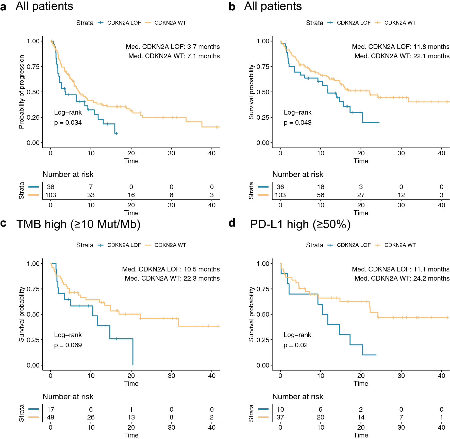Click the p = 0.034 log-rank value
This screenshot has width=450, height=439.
[x=68, y=123]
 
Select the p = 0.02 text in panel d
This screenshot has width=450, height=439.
[x=295, y=345]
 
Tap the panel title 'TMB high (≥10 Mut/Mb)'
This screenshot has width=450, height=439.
[x=78, y=225]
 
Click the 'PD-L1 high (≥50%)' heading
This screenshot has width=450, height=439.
[x=300, y=225]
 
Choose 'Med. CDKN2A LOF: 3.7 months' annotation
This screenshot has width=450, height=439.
[x=173, y=47]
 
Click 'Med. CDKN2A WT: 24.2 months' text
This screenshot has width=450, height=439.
[x=402, y=279]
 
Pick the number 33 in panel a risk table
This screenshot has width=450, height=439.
[x=91, y=195]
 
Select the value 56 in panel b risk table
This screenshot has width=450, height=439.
[x=321, y=195]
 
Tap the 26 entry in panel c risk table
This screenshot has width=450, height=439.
[x=91, y=417]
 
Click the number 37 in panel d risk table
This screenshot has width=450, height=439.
[x=280, y=417]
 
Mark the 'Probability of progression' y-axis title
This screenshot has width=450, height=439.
[x=22, y=92]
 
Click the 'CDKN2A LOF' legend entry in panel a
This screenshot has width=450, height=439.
[x=124, y=23]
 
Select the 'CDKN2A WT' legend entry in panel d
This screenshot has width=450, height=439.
[x=400, y=245]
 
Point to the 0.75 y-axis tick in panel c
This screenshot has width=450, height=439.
[x=33, y=289]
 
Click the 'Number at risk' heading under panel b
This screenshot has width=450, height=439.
[x=298, y=174]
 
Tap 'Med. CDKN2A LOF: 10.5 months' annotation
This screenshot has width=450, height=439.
[x=171, y=269]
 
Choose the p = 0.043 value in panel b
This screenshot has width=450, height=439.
[x=297, y=123]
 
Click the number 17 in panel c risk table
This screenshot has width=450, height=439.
[x=51, y=410]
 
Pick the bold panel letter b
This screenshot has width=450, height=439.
[x=232, y=7]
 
